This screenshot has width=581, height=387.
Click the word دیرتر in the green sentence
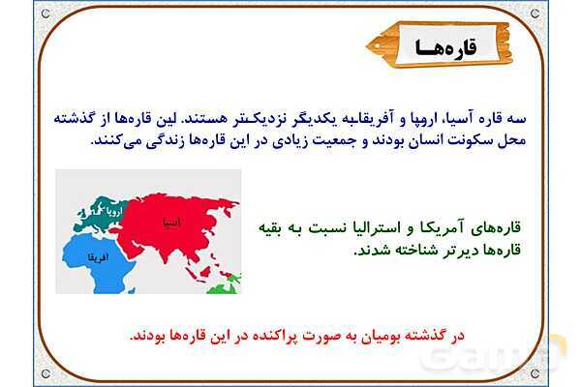point(445,250)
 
